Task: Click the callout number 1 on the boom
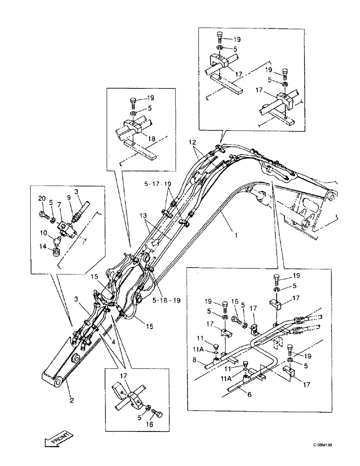pos(236,236)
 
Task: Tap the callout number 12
pos(192,141)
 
